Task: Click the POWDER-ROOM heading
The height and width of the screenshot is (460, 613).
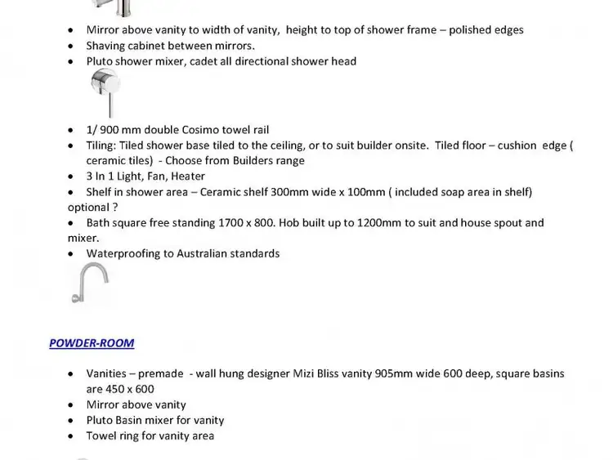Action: tap(92, 343)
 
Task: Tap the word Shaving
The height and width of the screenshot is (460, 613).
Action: tap(106, 46)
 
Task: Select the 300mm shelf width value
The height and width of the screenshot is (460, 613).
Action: tap(275, 192)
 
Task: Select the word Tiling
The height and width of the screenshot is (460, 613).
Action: tap(101, 145)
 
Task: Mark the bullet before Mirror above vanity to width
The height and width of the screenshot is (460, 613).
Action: tap(71, 30)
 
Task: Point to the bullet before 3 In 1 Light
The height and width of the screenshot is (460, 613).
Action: tap(71, 176)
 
